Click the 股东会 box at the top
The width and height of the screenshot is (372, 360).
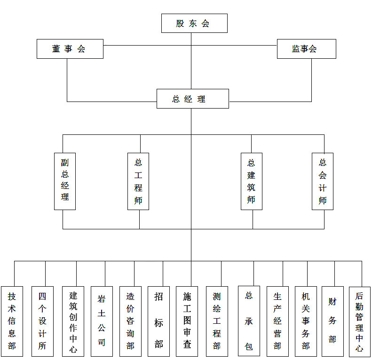pyautogui.click(x=194, y=23)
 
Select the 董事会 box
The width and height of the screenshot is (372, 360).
pyautogui.click(x=70, y=49)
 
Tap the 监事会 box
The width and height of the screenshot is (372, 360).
pyautogui.click(x=306, y=49)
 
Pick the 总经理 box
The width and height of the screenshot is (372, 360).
pyautogui.click(x=192, y=99)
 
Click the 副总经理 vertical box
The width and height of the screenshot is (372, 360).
pyautogui.click(x=65, y=181)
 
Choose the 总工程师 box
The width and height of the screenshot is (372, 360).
pyautogui.click(x=138, y=181)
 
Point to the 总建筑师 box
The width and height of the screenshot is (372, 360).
pyautogui.click(x=251, y=181)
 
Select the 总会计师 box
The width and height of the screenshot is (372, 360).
pyautogui.click(x=323, y=181)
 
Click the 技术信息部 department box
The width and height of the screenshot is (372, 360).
pyautogui.click(x=12, y=321)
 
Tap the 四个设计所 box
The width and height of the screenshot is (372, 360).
pyautogui.click(x=42, y=321)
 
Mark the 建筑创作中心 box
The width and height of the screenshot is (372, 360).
pyautogui.click(x=73, y=321)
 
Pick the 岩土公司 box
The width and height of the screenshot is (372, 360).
pyautogui.click(x=102, y=321)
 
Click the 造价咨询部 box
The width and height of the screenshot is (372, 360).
pyautogui.click(x=130, y=321)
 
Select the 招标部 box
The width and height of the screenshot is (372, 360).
pyautogui.click(x=158, y=321)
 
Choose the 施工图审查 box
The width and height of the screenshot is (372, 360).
pyautogui.click(x=187, y=321)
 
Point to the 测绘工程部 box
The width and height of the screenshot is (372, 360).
pyautogui.click(x=217, y=321)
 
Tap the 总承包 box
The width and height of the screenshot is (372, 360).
pyautogui.click(x=249, y=321)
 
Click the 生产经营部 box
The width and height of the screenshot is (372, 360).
pyautogui.click(x=277, y=321)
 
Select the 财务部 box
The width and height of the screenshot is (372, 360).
pyautogui.click(x=332, y=321)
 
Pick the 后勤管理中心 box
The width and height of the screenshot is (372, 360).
pyautogui.click(x=359, y=321)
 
